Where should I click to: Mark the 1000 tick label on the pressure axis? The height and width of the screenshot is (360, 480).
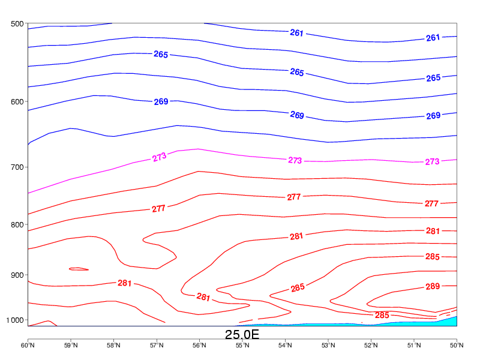[14, 320]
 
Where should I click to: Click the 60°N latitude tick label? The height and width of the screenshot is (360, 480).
[28, 345]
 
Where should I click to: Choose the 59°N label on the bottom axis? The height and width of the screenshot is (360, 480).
[71, 345]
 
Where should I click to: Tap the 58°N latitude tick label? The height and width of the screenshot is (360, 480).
[113, 345]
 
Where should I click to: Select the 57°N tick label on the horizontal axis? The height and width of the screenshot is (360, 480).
[157, 345]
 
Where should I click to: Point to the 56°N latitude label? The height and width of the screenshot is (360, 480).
[199, 345]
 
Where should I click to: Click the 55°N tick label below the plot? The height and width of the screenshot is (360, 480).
[242, 345]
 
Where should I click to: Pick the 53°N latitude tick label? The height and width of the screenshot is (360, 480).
[328, 345]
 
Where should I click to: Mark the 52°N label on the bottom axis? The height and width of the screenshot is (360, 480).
[371, 345]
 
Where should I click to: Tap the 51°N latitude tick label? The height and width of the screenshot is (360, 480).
[414, 345]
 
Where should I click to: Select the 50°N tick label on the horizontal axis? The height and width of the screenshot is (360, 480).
[457, 345]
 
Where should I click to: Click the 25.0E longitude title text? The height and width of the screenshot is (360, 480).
[242, 334]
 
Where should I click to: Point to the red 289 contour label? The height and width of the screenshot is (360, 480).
[433, 286]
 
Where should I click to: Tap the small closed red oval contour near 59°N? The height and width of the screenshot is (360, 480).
[79, 269]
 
